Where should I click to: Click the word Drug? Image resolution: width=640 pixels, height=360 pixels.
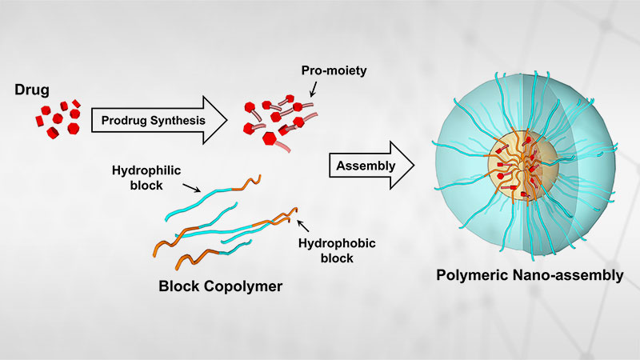[31, 87]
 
